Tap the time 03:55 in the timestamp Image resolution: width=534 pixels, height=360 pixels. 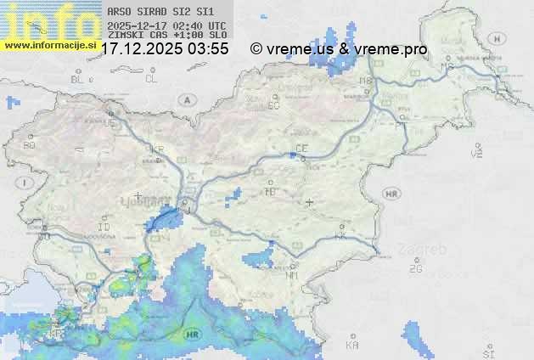(x=209, y=49)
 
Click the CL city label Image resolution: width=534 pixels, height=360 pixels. (x=151, y=79)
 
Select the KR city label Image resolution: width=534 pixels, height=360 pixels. (x=157, y=149)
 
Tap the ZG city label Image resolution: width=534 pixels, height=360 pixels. (x=415, y=269)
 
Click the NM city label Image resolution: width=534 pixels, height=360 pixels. (x=292, y=275)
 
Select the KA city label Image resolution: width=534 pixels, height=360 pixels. (x=352, y=345)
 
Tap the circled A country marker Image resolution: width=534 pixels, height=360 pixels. (x=186, y=99)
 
